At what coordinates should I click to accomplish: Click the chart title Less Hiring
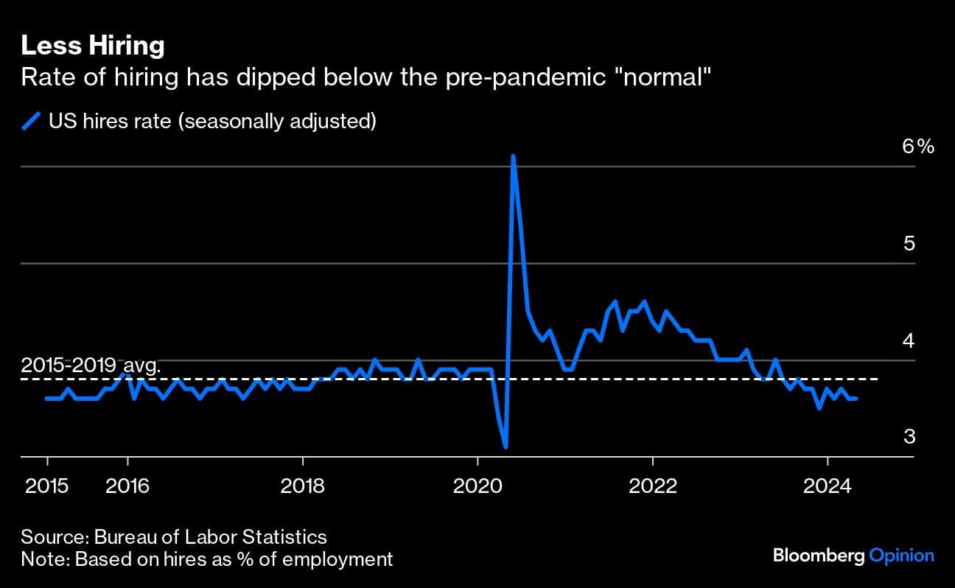point(92,46)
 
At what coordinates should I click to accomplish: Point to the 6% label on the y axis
point(918,147)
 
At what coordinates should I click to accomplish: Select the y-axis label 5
point(909,243)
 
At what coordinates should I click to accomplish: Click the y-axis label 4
point(909,340)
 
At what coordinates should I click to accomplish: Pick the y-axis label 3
point(909,436)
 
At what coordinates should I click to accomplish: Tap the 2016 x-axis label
point(127,486)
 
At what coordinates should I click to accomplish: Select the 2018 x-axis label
point(303,486)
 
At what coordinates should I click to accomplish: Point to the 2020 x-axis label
point(477,486)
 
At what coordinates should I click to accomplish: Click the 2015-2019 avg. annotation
point(91,365)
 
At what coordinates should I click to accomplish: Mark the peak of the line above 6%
point(513,156)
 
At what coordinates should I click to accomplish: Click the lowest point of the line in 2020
point(506,447)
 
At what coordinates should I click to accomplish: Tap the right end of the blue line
point(856,399)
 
